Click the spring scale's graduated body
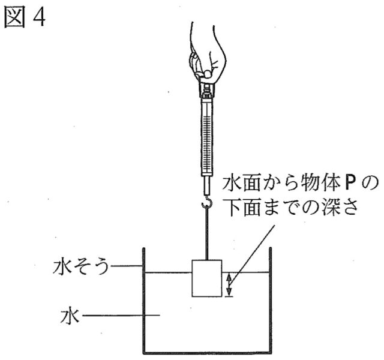[206, 132]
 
